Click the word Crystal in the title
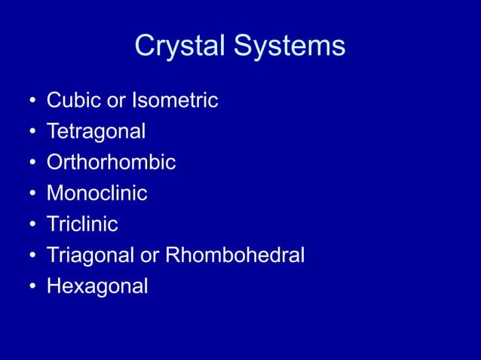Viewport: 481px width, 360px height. point(181,47)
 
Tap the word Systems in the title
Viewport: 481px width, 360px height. point(290,47)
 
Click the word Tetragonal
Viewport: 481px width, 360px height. point(96,132)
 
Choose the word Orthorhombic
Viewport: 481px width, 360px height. point(111,163)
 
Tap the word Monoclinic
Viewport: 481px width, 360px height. point(97,194)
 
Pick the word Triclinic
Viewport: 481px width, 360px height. point(82,224)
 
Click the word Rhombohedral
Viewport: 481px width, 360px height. point(234,255)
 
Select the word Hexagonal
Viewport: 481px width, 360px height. point(97,286)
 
